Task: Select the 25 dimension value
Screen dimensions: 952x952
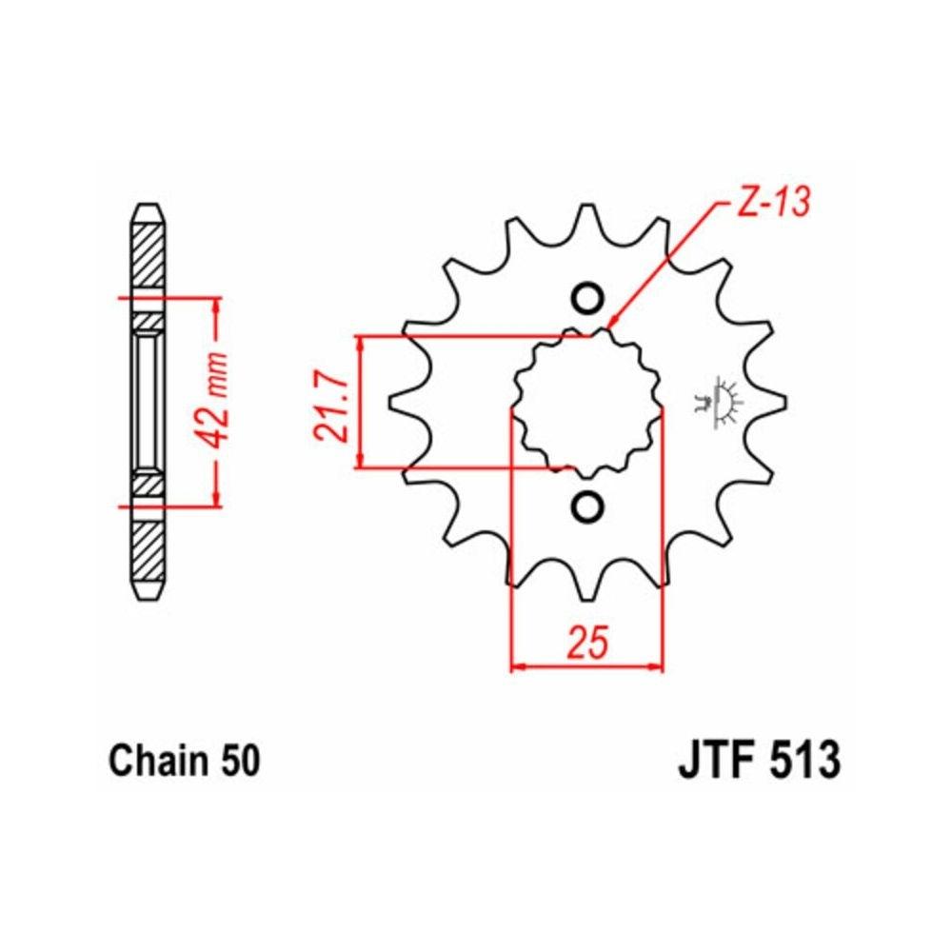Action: [x=587, y=643]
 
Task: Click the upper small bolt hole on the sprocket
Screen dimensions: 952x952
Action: [x=587, y=298]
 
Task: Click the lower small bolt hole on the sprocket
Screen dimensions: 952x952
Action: [x=587, y=507]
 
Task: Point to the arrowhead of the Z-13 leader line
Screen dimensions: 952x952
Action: [x=610, y=325]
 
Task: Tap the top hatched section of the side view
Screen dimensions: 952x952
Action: [x=149, y=252]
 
